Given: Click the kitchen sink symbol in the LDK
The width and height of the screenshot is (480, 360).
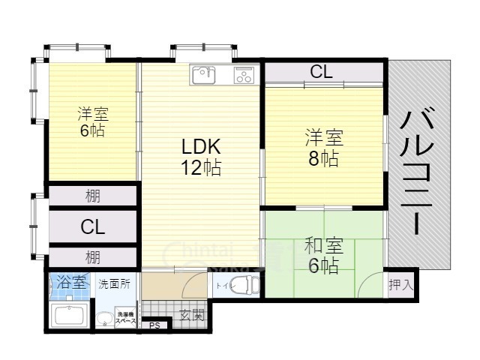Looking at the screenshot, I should point(203,74).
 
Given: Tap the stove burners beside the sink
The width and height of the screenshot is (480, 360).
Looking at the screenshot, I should point(244,74).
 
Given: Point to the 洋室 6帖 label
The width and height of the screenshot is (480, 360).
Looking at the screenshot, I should point(93,122).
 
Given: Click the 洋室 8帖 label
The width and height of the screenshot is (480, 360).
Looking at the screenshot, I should point(323,148).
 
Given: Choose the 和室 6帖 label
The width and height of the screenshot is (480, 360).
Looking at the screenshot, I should point(323,255).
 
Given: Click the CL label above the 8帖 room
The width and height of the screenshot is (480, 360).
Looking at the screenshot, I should point(322,73).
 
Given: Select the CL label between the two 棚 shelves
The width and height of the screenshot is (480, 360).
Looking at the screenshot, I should point(93,226).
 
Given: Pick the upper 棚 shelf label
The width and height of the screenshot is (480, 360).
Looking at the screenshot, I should point(93,196).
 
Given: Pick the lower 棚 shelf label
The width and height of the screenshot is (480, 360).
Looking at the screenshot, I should point(93,257).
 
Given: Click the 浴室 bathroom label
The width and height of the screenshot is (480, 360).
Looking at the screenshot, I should point(70,284).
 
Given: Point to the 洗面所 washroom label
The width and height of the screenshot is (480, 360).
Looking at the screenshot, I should point(115,284).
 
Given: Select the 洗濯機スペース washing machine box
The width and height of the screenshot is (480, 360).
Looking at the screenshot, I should point(125,318).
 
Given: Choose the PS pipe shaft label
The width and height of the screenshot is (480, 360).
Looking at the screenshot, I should point(154,325).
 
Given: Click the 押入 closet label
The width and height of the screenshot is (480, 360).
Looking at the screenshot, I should point(401,285).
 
